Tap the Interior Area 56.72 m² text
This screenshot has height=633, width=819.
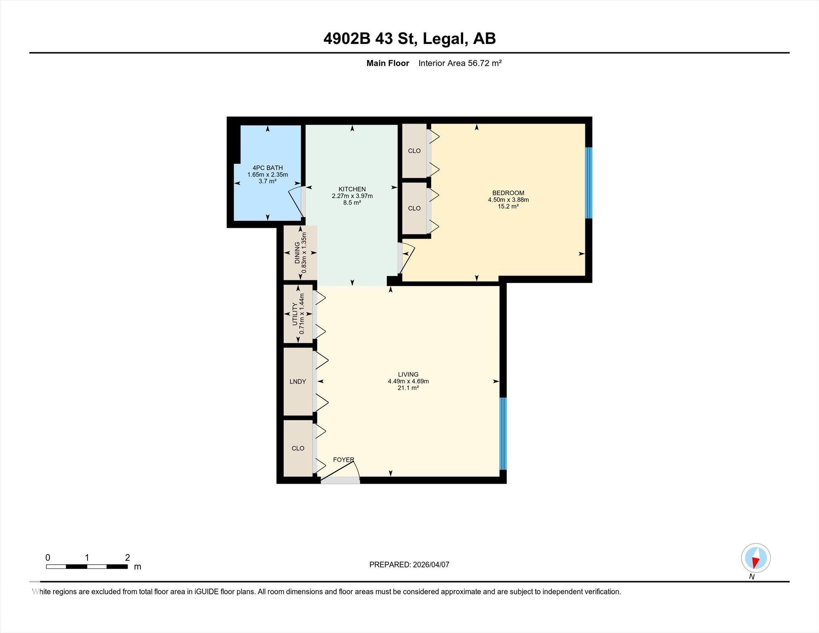click(460, 63)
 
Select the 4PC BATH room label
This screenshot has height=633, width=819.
click(268, 168)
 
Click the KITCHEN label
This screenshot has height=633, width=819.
click(352, 189)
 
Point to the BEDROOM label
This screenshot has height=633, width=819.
click(508, 193)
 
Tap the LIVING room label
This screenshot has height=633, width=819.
click(408, 375)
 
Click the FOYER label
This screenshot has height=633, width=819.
click(344, 460)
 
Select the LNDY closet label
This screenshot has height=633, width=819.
click(298, 381)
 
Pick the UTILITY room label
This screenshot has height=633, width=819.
click(295, 314)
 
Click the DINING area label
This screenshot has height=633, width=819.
click(297, 253)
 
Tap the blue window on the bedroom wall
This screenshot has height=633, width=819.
click(589, 183)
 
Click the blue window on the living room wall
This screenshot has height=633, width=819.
click(503, 433)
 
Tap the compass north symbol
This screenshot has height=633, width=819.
click(755, 558)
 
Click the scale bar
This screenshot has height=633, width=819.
click(87, 566)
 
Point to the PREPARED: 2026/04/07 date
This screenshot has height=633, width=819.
click(409, 565)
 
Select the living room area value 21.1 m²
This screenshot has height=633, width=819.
click(408, 388)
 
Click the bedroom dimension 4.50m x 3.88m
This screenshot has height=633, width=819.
click(508, 200)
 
